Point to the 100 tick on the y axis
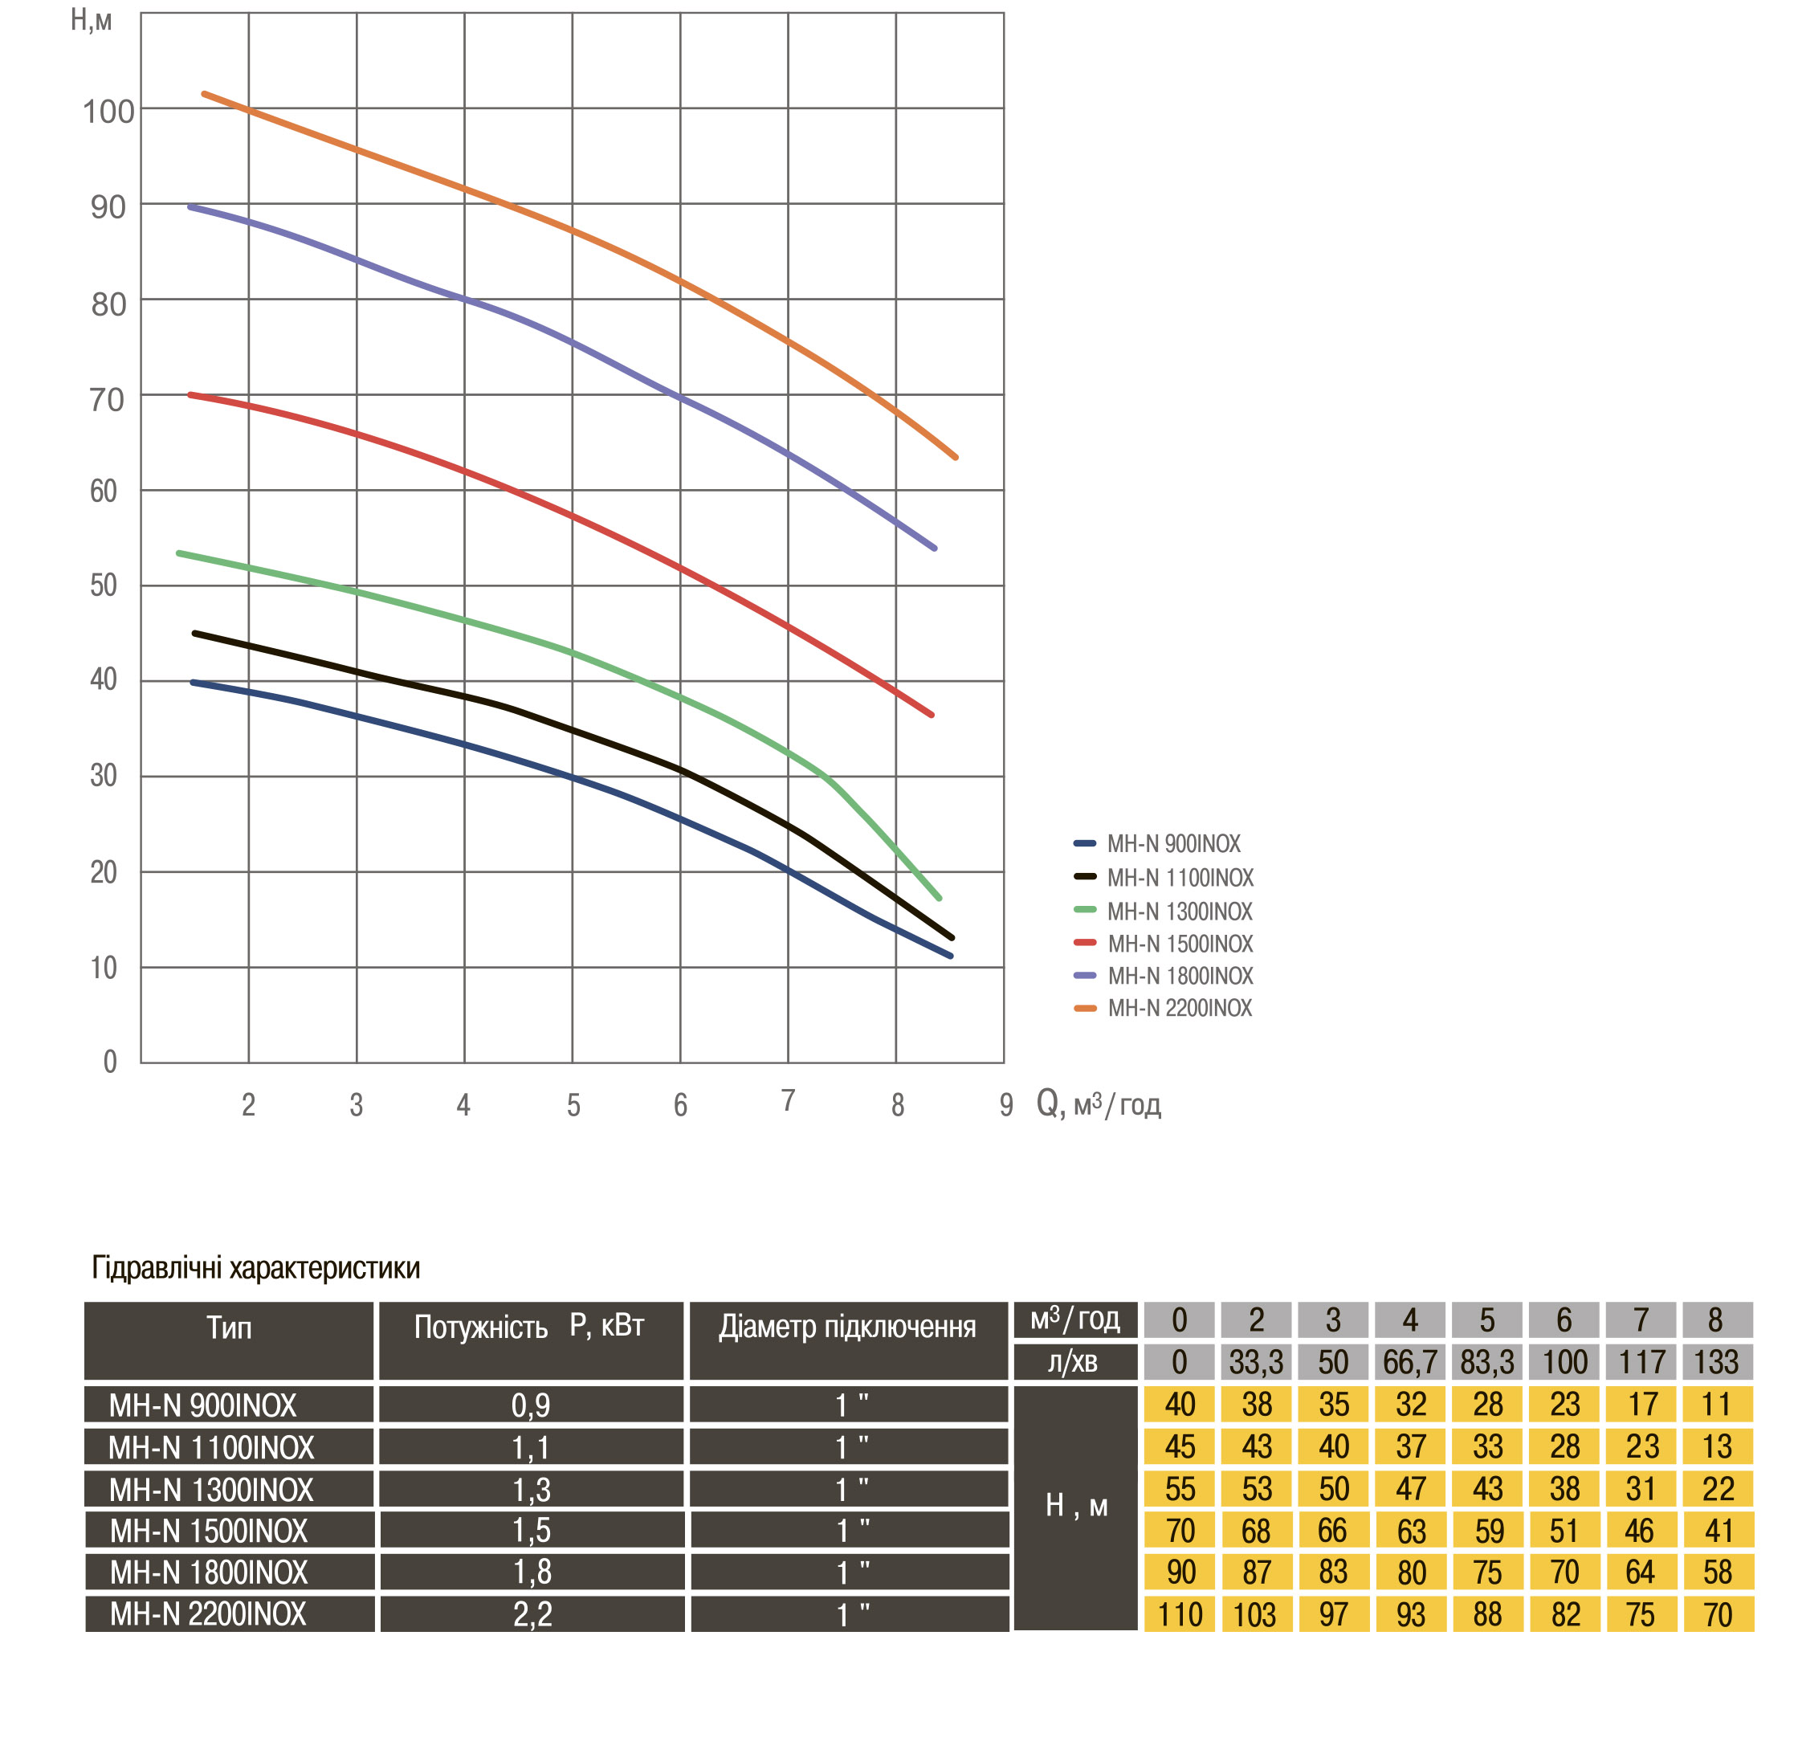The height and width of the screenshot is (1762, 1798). click(x=108, y=112)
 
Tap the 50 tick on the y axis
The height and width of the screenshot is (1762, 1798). click(x=104, y=585)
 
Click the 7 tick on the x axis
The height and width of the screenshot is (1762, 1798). click(x=788, y=1100)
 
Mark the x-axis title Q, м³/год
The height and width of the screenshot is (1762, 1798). click(x=1099, y=1103)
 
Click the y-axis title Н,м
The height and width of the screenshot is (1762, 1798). click(x=91, y=19)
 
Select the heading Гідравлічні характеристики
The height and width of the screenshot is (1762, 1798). click(x=255, y=1267)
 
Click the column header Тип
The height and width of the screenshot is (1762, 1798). click(x=229, y=1329)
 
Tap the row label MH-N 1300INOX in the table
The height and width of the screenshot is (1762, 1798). click(x=211, y=1490)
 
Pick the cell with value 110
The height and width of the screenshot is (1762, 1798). click(x=1179, y=1615)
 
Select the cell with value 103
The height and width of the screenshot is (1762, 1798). click(x=1255, y=1615)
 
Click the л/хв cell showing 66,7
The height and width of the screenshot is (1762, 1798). click(x=1409, y=1362)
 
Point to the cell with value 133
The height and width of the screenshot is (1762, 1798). click(x=1717, y=1362)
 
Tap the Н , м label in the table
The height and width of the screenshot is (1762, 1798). click(x=1075, y=1506)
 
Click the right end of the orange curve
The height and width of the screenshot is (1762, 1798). click(x=956, y=457)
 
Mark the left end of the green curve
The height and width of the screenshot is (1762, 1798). click(x=178, y=553)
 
